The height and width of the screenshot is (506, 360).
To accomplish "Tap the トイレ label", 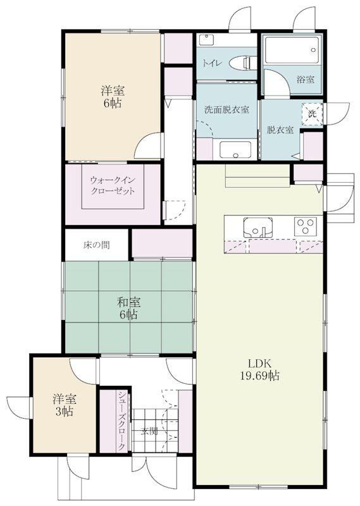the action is [212, 63].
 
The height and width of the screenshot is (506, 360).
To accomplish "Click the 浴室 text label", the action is [306, 79].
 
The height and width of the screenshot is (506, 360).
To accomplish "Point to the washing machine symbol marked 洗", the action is [312, 114].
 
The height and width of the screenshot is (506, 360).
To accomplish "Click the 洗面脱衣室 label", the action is [227, 109].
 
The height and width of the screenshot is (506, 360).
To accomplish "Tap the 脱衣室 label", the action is [280, 130].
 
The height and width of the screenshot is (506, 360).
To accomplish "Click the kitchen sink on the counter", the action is [258, 228].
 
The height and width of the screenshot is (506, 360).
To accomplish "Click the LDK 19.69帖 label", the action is [259, 369].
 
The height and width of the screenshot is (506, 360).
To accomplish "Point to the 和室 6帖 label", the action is [128, 308].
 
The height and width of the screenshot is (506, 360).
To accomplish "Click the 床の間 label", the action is [97, 245].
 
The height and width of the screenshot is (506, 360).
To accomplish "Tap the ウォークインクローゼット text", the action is [113, 185].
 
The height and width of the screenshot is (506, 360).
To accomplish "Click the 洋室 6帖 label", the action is [113, 97].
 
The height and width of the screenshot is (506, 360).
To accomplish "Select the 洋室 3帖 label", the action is [65, 405].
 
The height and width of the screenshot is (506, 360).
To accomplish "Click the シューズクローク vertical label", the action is [121, 421].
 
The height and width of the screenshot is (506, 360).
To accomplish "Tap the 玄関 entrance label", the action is [149, 431].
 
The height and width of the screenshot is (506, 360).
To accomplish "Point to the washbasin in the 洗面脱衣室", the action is [235, 150].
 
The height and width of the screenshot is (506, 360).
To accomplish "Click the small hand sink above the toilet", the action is [205, 40].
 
